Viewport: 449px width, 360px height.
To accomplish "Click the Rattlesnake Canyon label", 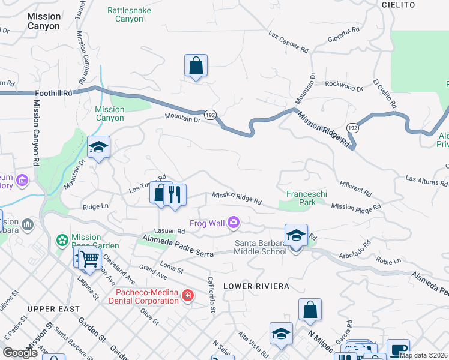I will pos(129,14).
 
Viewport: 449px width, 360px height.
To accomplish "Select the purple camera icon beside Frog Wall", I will pos(233,223).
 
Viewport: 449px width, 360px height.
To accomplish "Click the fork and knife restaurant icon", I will pos(175,194).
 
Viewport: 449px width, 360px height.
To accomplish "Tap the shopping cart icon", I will pos(89,259).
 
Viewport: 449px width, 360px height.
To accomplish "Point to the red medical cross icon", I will pos(188,295).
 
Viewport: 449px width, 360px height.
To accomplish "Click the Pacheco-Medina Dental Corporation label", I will pos(148,296).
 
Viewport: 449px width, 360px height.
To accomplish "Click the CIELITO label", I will pos(398,5).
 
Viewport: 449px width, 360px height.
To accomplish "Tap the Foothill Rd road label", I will pos(53,93).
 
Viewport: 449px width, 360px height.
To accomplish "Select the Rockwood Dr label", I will pos(344,87).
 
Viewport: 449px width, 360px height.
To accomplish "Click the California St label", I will pos(211,290).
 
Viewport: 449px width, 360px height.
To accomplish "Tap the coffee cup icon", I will pos(397,350).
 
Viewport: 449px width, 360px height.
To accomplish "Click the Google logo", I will pos(20,353).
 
